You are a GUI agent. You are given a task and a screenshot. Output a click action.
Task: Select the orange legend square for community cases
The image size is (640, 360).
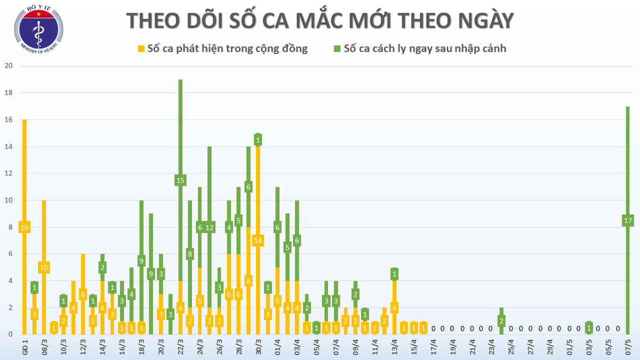[141, 49]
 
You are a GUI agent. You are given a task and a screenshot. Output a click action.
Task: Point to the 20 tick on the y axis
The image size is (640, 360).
[8, 66]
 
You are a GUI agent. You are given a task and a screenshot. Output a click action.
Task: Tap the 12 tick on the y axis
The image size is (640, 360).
[8, 173]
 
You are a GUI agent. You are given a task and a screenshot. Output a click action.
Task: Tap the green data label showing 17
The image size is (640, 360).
[627, 220]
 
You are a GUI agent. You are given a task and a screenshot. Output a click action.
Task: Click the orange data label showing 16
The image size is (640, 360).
[25, 227]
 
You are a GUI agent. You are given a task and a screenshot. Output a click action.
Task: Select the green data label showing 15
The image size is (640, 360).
[180, 180]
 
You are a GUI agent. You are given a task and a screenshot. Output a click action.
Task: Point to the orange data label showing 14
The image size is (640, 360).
[258, 240]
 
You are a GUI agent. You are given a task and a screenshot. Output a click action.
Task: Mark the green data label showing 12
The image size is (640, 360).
[210, 227]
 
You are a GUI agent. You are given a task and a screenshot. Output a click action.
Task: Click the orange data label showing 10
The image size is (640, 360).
[44, 267]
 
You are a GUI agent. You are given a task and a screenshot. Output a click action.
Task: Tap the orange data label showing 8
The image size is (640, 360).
[249, 281]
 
